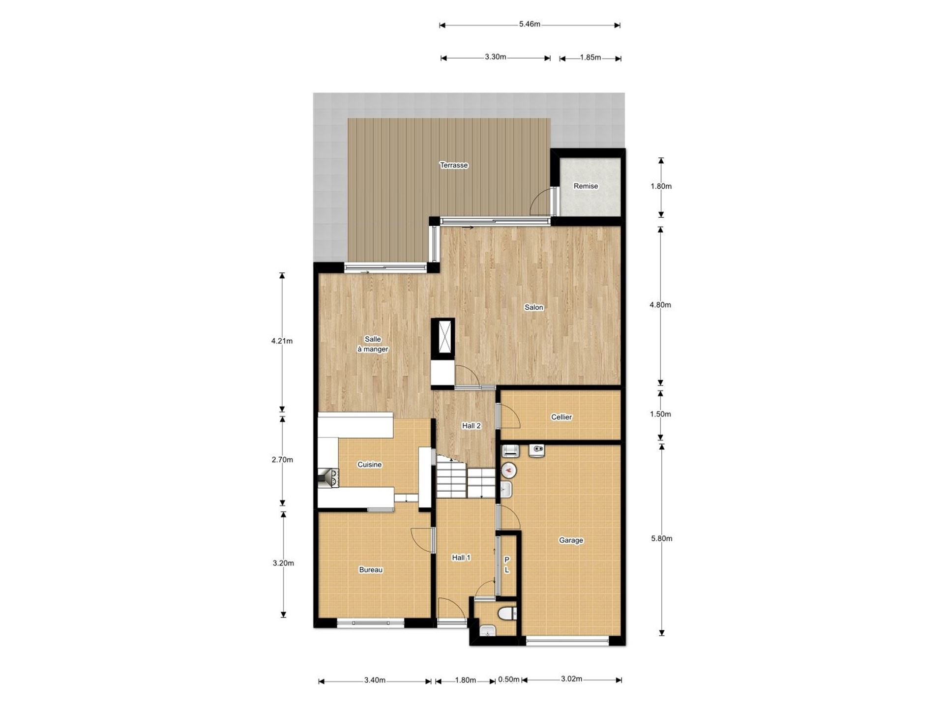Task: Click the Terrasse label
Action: point(453,165)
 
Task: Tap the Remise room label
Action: point(586,186)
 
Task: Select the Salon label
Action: point(533,307)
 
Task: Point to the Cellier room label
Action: point(561,417)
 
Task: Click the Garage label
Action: point(571,540)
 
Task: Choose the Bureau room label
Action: point(371,570)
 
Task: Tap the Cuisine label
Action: point(369,464)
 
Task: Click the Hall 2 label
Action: point(471,426)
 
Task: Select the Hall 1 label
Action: point(461,558)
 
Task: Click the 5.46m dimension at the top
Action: point(530,24)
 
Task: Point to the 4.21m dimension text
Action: point(282,341)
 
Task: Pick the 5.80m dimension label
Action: point(661,538)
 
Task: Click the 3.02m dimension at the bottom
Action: point(571,679)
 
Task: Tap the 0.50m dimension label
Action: point(509,679)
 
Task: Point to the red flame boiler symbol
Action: point(508,471)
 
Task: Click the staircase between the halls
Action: point(466,477)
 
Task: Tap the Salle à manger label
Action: point(373,344)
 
